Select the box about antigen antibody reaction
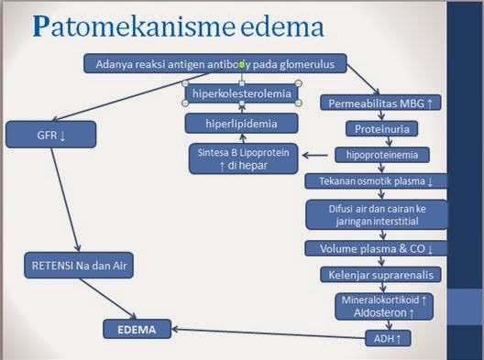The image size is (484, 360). (x=215, y=64)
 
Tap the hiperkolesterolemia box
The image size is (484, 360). (x=242, y=93)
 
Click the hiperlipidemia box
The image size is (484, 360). (x=242, y=123)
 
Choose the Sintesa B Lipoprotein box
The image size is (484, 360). (x=243, y=158)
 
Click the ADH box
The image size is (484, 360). (x=387, y=339)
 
